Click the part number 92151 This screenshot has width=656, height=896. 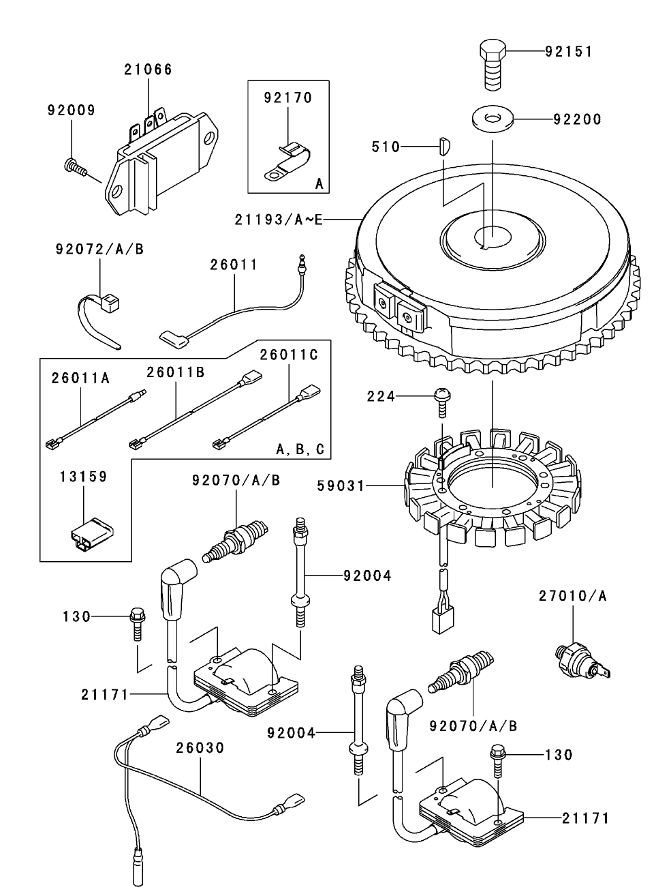(x=569, y=52)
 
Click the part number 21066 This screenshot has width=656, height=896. (x=148, y=70)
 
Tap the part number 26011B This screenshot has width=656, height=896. (x=176, y=372)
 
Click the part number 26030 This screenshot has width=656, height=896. (x=200, y=747)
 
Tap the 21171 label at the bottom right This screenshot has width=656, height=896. (x=586, y=818)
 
